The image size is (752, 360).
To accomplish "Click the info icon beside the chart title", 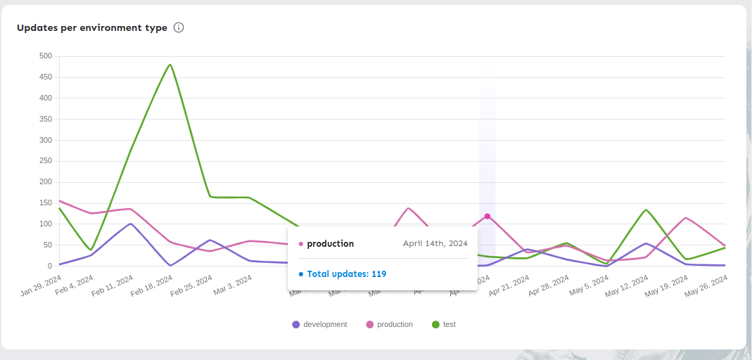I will point(179,28).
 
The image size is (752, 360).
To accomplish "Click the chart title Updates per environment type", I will point(92,28).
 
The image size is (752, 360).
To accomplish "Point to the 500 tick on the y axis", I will point(45,56).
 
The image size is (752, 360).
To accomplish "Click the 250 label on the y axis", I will point(45,182).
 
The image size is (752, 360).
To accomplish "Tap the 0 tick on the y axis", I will point(49,266).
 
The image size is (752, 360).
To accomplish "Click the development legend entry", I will point(319,324).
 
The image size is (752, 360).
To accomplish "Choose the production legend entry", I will point(389,324).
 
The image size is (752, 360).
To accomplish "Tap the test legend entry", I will point(443,324).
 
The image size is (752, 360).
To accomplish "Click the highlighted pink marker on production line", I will point(487,216).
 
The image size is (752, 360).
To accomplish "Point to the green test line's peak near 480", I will point(170,65).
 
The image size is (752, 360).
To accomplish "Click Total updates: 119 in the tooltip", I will point(346,274).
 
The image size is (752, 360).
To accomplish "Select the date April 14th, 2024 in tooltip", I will point(435,243).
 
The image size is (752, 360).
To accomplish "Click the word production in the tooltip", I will point(330,243).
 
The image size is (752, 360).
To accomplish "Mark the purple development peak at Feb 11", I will point(131,224).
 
